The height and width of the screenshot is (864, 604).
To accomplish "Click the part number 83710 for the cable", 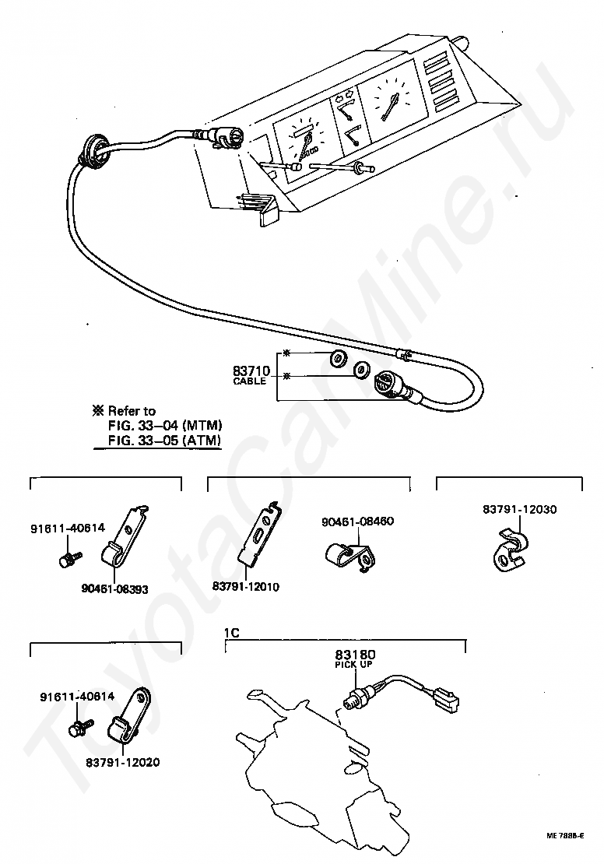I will pyautogui.click(x=250, y=371).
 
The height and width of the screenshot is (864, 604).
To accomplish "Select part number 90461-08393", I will pyautogui.click(x=114, y=589).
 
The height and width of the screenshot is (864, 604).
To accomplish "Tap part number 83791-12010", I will pyautogui.click(x=245, y=585).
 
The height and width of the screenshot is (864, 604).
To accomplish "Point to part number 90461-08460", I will pyautogui.click(x=357, y=521).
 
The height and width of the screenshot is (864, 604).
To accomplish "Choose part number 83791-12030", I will pyautogui.click(x=519, y=509).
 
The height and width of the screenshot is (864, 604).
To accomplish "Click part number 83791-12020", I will pyautogui.click(x=123, y=762).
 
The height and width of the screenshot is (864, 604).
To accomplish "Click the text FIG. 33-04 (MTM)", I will pyautogui.click(x=165, y=425).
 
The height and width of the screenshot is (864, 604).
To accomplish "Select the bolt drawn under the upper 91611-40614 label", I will pyautogui.click(x=65, y=558).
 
